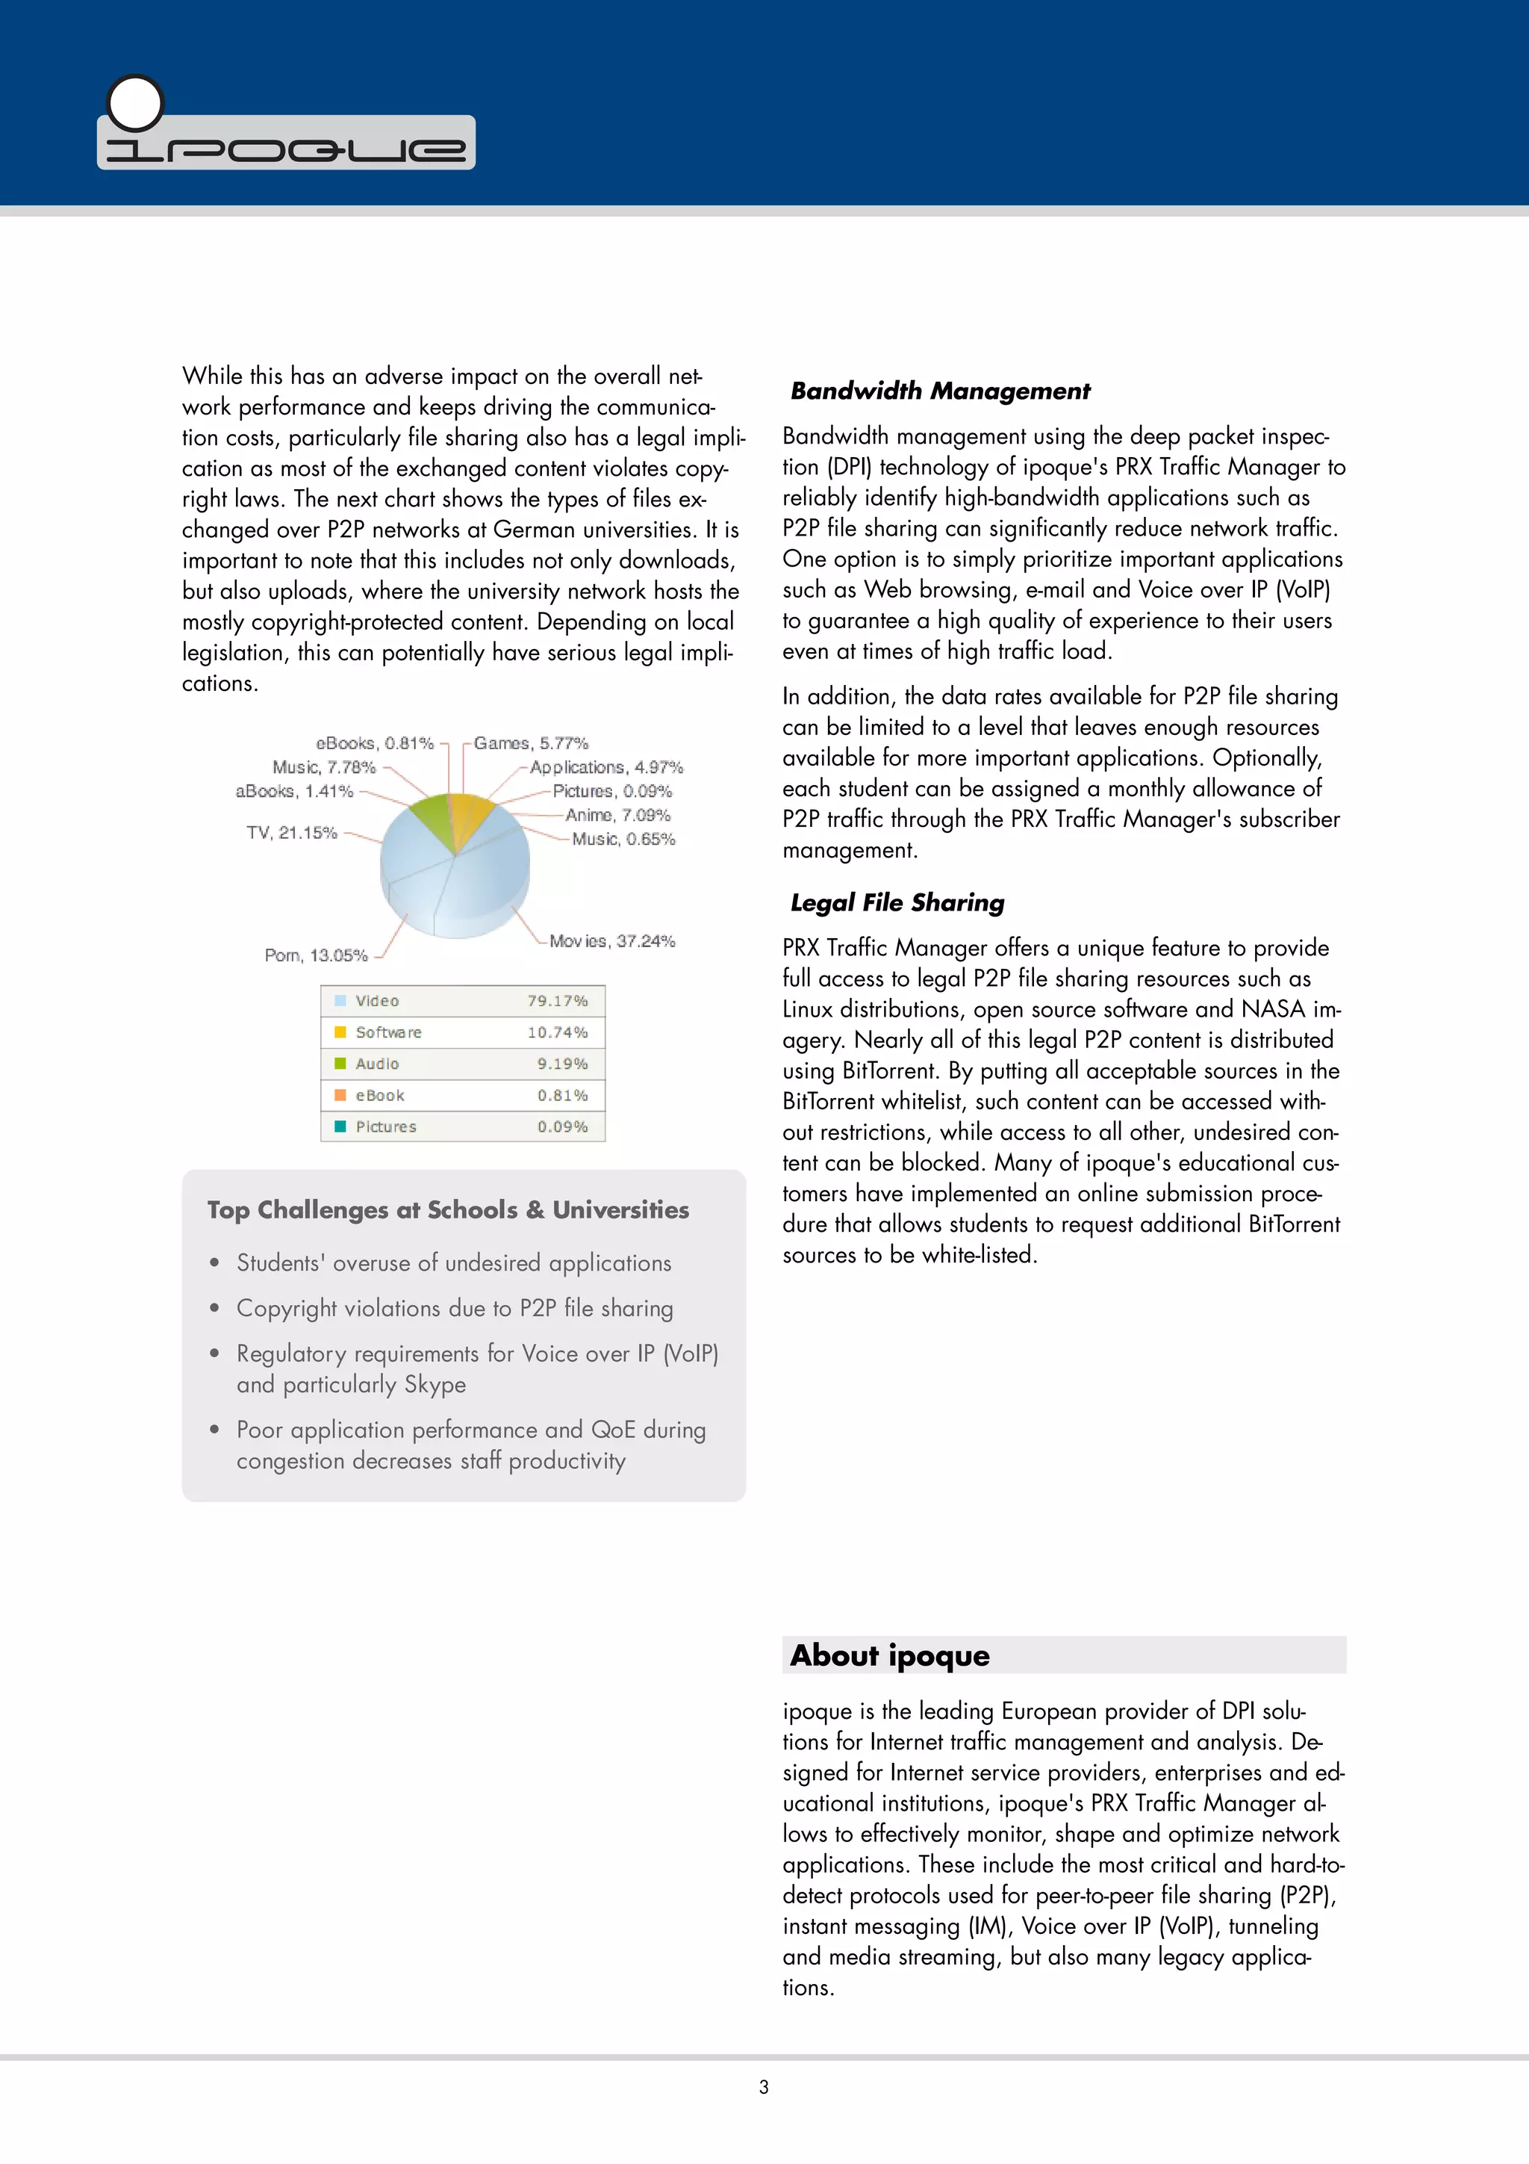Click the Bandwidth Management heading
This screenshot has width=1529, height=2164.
tap(939, 391)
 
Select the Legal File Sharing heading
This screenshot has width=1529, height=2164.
tap(897, 903)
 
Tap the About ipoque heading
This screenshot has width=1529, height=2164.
tap(889, 1655)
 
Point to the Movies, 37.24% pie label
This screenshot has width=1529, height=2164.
tap(612, 940)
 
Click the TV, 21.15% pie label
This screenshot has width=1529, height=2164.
tap(292, 832)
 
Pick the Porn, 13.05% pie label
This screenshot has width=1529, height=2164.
tap(316, 955)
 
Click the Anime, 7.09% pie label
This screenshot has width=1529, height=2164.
tap(617, 814)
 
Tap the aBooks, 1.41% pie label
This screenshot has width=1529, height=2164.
tap(294, 791)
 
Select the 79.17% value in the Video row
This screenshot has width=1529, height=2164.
tap(557, 1001)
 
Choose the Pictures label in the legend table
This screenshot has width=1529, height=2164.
tap(385, 1127)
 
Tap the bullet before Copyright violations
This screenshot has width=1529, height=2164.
tap(215, 1308)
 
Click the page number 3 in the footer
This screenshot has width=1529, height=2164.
tap(764, 2087)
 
